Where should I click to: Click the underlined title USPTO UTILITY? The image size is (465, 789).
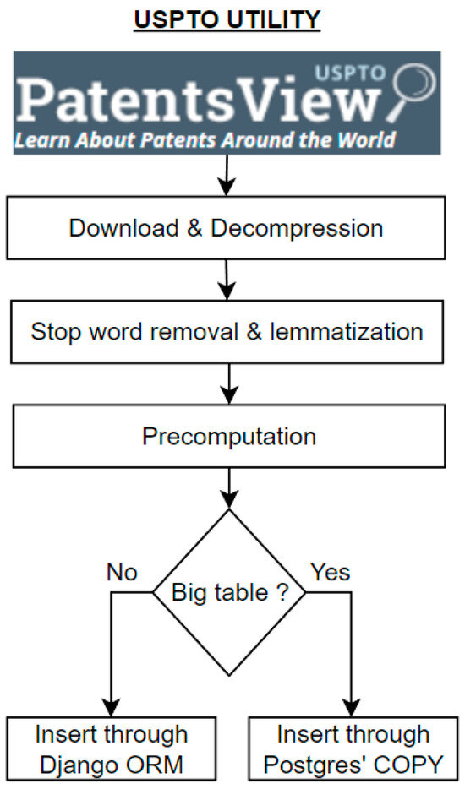(226, 19)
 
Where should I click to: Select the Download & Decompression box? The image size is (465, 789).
(226, 228)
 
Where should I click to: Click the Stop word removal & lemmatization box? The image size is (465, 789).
(226, 331)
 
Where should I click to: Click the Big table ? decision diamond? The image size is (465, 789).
(228, 591)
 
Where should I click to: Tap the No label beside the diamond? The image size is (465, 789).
(122, 573)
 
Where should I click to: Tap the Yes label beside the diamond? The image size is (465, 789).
(330, 573)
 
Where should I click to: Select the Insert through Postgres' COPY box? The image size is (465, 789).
(352, 748)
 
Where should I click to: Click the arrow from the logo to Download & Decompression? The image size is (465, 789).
(226, 178)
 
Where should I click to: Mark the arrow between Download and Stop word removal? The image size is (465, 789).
(226, 280)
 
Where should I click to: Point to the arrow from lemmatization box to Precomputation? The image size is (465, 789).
(226, 384)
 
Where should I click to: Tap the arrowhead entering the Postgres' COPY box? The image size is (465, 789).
(352, 708)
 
